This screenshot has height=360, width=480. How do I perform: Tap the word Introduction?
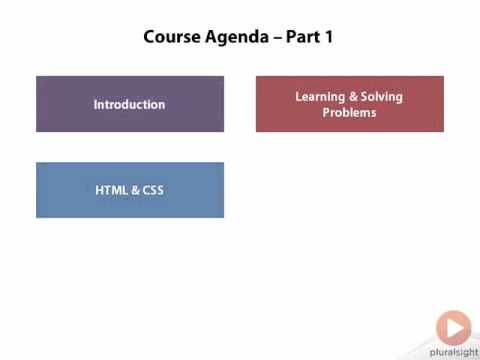click(x=130, y=104)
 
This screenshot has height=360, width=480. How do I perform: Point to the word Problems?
click(x=350, y=113)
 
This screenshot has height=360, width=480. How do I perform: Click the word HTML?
click(x=111, y=189)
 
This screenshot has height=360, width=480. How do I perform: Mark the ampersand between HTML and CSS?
click(x=133, y=189)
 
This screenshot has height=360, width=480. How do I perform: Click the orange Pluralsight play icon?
click(x=453, y=326)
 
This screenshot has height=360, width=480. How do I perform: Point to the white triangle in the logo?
click(x=455, y=326)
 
